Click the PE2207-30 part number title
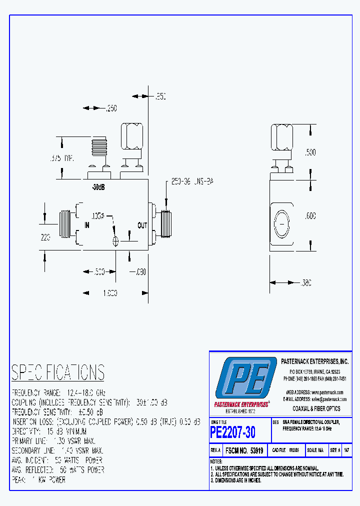pyautogui.click(x=233, y=431)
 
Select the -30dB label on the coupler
pyautogui.click(x=98, y=188)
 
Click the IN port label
pyautogui.click(x=86, y=225)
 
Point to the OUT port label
pyautogui.click(x=142, y=225)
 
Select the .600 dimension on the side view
pyautogui.click(x=310, y=216)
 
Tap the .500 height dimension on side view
pyautogui.click(x=310, y=152)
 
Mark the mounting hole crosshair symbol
pyautogui.click(x=116, y=241)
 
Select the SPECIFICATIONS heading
pyautogui.click(x=58, y=372)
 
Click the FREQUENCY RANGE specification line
pyautogui.click(x=58, y=392)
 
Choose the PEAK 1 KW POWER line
pyautogui.click(x=38, y=479)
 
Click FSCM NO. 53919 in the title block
pyautogui.click(x=245, y=450)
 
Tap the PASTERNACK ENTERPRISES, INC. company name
pyautogui.click(x=314, y=361)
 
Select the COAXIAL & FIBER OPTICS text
pyautogui.click(x=316, y=408)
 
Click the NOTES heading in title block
pyautogui.click(x=216, y=461)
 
